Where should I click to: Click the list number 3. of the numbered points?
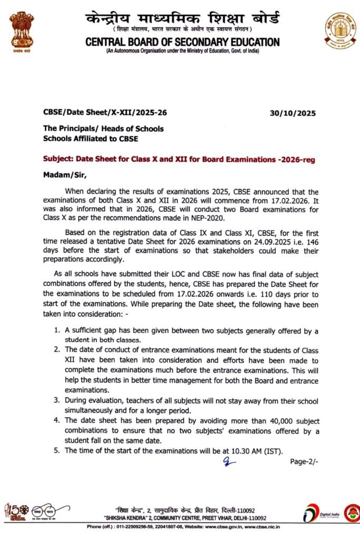coord(57,400)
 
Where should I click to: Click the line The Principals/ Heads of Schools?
coord(103,129)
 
